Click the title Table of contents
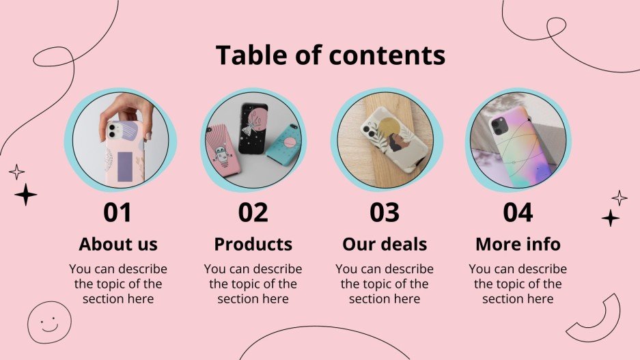tap(330, 55)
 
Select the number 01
tap(117, 212)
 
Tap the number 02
tap(253, 212)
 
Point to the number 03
tap(385, 212)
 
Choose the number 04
tap(518, 212)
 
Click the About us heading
tap(117, 244)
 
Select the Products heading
tap(253, 244)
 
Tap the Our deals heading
tap(385, 244)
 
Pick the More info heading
tap(518, 244)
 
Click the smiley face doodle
tap(49, 321)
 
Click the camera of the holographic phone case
tap(498, 124)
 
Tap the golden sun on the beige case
tap(389, 130)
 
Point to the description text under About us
tap(117, 283)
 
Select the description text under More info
tap(518, 283)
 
